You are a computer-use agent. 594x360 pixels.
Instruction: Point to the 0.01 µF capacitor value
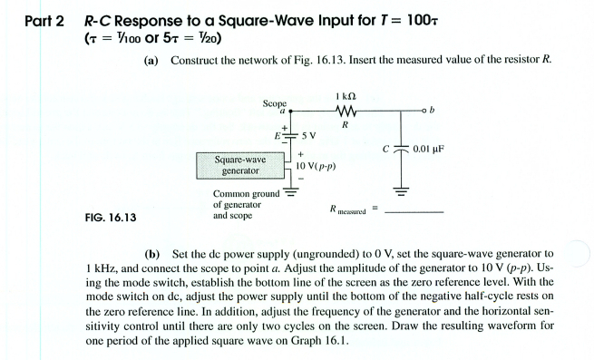click(433, 149)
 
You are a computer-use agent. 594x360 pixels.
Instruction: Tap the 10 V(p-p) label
click(316, 167)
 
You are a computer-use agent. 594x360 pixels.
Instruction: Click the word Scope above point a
click(274, 103)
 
